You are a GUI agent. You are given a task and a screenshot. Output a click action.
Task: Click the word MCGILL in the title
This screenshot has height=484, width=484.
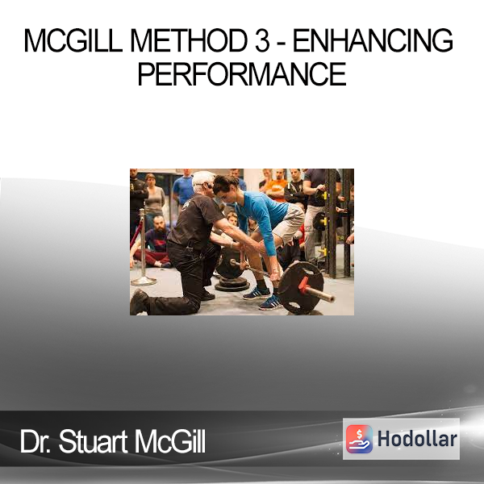[73, 41]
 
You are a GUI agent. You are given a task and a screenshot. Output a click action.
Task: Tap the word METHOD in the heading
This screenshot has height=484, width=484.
[189, 41]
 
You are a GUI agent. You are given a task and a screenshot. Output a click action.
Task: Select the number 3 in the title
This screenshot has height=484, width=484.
[262, 41]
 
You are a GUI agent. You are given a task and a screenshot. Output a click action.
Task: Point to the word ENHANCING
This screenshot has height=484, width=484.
[373, 41]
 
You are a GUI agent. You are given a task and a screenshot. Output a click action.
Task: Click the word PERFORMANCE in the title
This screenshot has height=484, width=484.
[242, 73]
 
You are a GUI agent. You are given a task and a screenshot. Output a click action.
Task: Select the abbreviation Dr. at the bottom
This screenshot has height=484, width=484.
[35, 441]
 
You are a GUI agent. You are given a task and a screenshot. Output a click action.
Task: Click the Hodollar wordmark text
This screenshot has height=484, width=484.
[417, 439]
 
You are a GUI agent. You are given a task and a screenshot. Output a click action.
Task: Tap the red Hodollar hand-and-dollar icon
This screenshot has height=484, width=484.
[359, 439]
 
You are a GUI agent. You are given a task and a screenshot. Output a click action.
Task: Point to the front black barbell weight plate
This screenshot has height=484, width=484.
[300, 288]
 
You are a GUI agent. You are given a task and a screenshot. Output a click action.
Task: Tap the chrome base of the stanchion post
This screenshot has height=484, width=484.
[144, 281]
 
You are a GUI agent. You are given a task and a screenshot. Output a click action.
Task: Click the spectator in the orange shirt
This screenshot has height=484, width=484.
[277, 185]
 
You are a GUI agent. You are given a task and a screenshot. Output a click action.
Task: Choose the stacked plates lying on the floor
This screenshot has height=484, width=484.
[232, 285]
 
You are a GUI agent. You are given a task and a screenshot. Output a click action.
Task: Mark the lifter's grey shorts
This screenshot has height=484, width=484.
[286, 223]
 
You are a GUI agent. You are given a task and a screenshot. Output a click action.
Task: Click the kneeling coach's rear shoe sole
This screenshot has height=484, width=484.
[137, 302]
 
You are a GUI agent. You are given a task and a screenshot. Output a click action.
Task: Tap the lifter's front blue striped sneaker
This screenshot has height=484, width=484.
[270, 303]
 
